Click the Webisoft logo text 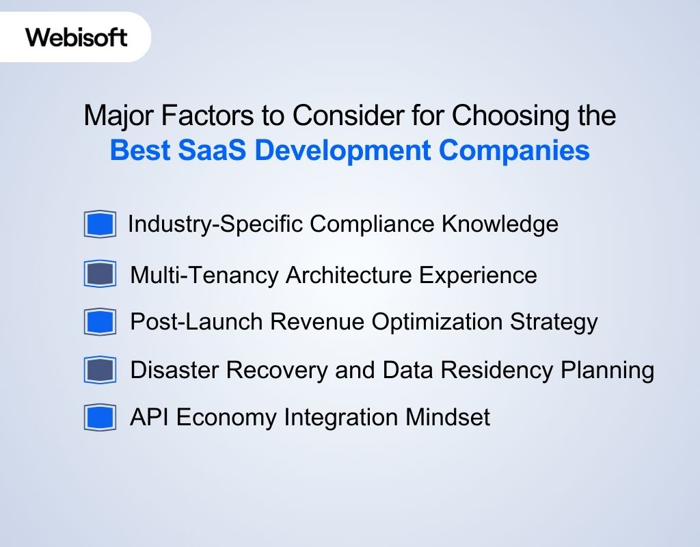[x=77, y=36]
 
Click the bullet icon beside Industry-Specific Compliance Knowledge [x=100, y=224]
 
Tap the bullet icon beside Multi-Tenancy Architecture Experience [x=100, y=274]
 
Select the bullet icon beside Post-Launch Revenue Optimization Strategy [x=100, y=321]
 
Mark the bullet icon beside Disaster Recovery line [x=100, y=370]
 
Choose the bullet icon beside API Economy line [x=100, y=417]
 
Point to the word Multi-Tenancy [x=204, y=275]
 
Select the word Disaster [x=174, y=370]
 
